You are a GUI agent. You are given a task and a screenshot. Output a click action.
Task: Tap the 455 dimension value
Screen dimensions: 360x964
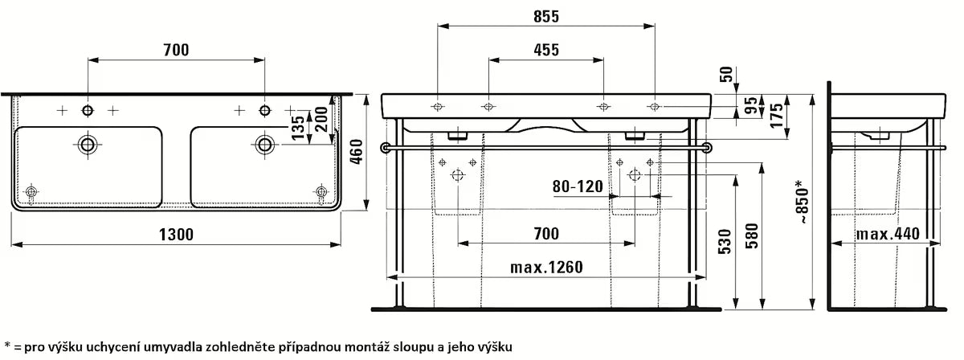tap(546, 50)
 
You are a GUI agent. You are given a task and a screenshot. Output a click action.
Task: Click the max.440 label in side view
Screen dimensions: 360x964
tap(887, 234)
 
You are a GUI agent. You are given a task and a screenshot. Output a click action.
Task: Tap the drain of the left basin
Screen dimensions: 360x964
tap(88, 145)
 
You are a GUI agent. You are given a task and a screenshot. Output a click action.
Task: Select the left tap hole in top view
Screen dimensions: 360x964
tap(88, 109)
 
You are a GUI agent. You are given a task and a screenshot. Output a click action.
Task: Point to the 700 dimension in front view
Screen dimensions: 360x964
tap(546, 234)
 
